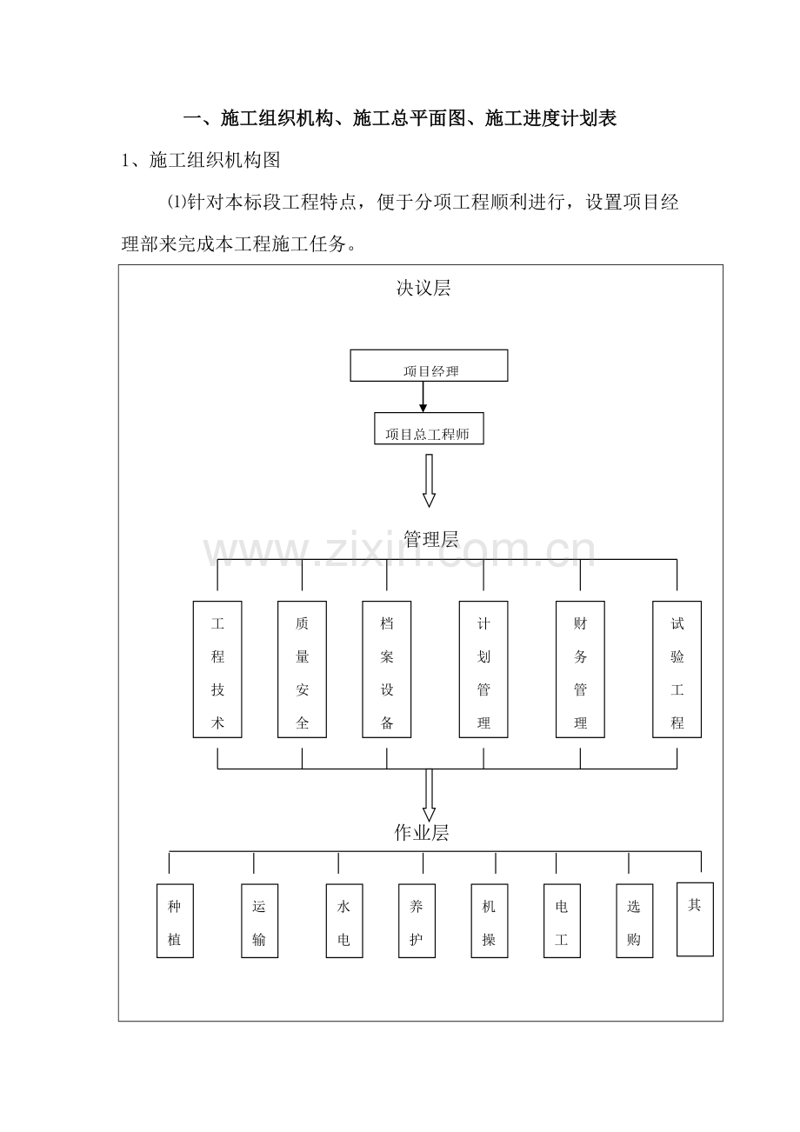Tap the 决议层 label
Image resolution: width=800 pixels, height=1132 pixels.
(x=423, y=288)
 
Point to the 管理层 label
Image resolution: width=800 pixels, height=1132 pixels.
(x=430, y=539)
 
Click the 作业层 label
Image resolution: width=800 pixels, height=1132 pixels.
(x=422, y=832)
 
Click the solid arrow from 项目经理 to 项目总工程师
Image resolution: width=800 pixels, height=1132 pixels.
(x=423, y=396)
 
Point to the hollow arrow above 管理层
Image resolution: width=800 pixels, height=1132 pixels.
(x=429, y=481)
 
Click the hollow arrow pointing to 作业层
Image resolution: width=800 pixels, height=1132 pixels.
(x=429, y=795)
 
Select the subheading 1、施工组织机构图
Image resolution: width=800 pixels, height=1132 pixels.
(x=201, y=160)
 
